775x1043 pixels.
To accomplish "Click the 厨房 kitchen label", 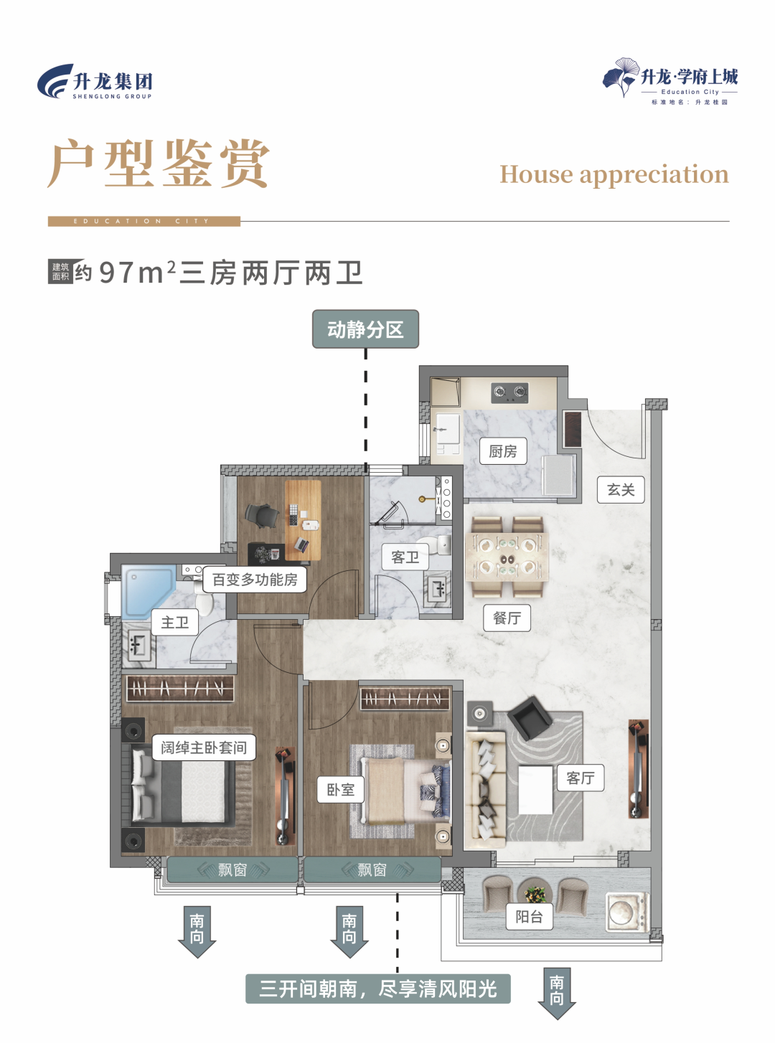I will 503,451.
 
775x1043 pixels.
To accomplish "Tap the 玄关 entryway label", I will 621,490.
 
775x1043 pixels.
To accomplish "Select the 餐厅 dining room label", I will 507,618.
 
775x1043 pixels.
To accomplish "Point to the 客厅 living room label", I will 581,778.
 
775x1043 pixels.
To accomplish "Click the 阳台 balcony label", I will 530,916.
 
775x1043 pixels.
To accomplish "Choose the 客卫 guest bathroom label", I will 405,557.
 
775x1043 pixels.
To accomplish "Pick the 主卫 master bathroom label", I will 175,622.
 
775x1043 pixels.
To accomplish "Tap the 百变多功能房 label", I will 255,580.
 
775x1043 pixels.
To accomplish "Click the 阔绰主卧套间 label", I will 204,747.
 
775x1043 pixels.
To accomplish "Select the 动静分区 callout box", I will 365,329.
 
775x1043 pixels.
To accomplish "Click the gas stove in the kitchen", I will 509,392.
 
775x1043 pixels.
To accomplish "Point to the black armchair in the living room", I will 530,717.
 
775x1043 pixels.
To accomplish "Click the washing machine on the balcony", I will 626,911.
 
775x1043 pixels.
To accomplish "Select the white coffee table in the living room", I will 535,790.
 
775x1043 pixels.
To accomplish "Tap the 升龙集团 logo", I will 95,82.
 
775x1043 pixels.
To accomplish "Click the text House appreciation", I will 614,174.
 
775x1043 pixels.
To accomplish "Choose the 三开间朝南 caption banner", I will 378,989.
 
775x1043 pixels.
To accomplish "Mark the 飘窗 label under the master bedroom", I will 232,870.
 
